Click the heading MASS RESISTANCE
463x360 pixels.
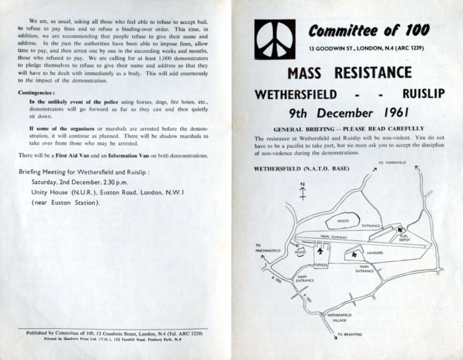[348, 73]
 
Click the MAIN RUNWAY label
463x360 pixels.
[335, 237]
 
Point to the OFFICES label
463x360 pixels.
[321, 265]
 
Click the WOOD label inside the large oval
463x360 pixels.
[344, 220]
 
